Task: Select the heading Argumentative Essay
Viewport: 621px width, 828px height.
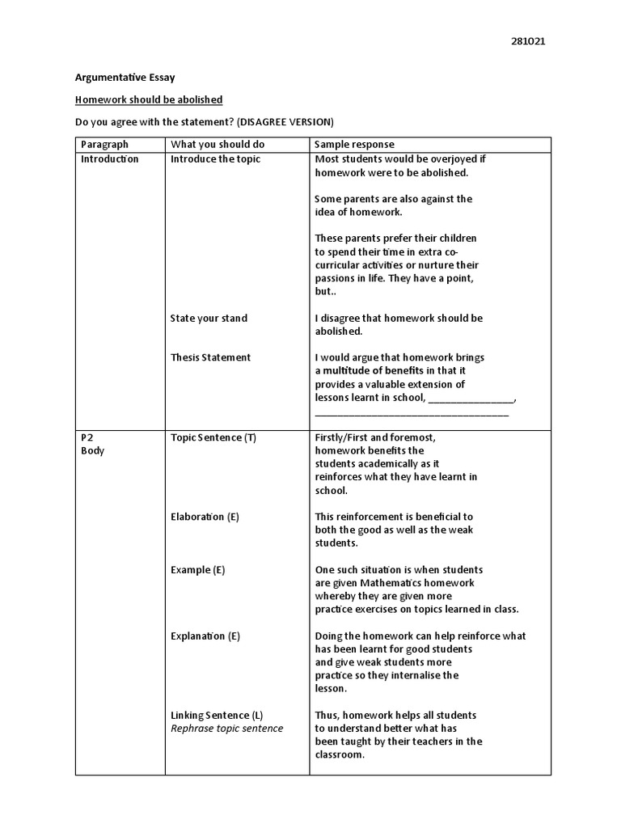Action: pyautogui.click(x=125, y=78)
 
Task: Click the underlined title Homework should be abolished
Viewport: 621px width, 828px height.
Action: pyautogui.click(x=149, y=99)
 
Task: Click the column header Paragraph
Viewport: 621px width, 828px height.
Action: pyautogui.click(x=104, y=144)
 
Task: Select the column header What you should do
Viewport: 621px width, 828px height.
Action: pyautogui.click(x=218, y=144)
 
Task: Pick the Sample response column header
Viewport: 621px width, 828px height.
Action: pyautogui.click(x=355, y=144)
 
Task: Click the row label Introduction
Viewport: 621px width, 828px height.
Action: pyautogui.click(x=109, y=158)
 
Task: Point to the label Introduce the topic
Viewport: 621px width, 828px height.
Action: pyautogui.click(x=215, y=158)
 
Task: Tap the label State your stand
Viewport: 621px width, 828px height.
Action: pyautogui.click(x=209, y=318)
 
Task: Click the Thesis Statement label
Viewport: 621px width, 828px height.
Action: pyautogui.click(x=210, y=357)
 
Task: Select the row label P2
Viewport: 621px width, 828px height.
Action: pyautogui.click(x=87, y=437)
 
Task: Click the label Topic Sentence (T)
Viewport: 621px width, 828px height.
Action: pyautogui.click(x=213, y=437)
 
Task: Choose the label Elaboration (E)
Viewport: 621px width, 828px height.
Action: pyautogui.click(x=205, y=517)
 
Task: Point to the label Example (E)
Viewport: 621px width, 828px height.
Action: pyautogui.click(x=197, y=570)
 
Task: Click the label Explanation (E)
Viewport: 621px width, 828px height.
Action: pyautogui.click(x=205, y=636)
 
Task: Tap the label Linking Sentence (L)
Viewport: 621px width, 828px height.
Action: pyautogui.click(x=217, y=716)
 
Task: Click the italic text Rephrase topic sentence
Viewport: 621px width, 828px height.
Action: pyautogui.click(x=226, y=729)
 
